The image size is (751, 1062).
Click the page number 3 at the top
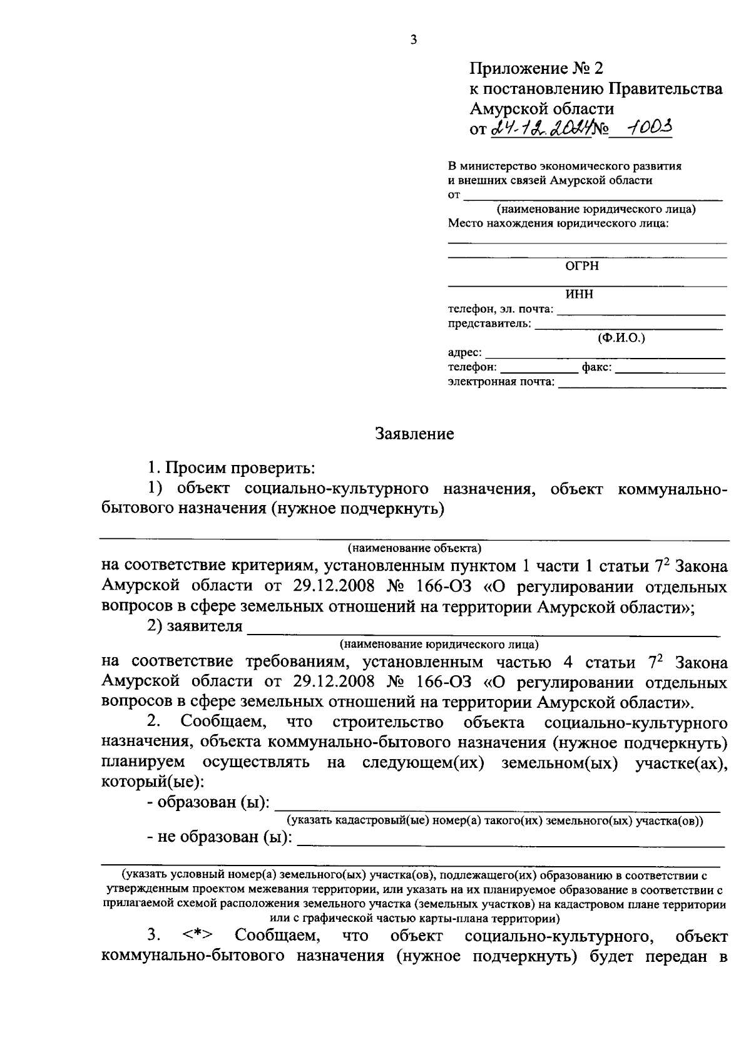pyautogui.click(x=412, y=41)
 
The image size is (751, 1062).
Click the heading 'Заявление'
pyautogui.click(x=414, y=434)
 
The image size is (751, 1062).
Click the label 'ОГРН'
pyautogui.click(x=581, y=266)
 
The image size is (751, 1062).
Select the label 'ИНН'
pyautogui.click(x=579, y=295)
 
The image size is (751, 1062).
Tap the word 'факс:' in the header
pyautogui.click(x=596, y=367)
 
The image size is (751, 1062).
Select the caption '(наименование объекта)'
pyautogui.click(x=414, y=548)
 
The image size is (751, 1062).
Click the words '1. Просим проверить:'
pyautogui.click(x=230, y=467)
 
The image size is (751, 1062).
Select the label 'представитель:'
pyautogui.click(x=489, y=324)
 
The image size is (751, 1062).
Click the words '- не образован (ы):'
pyautogui.click(x=220, y=837)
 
